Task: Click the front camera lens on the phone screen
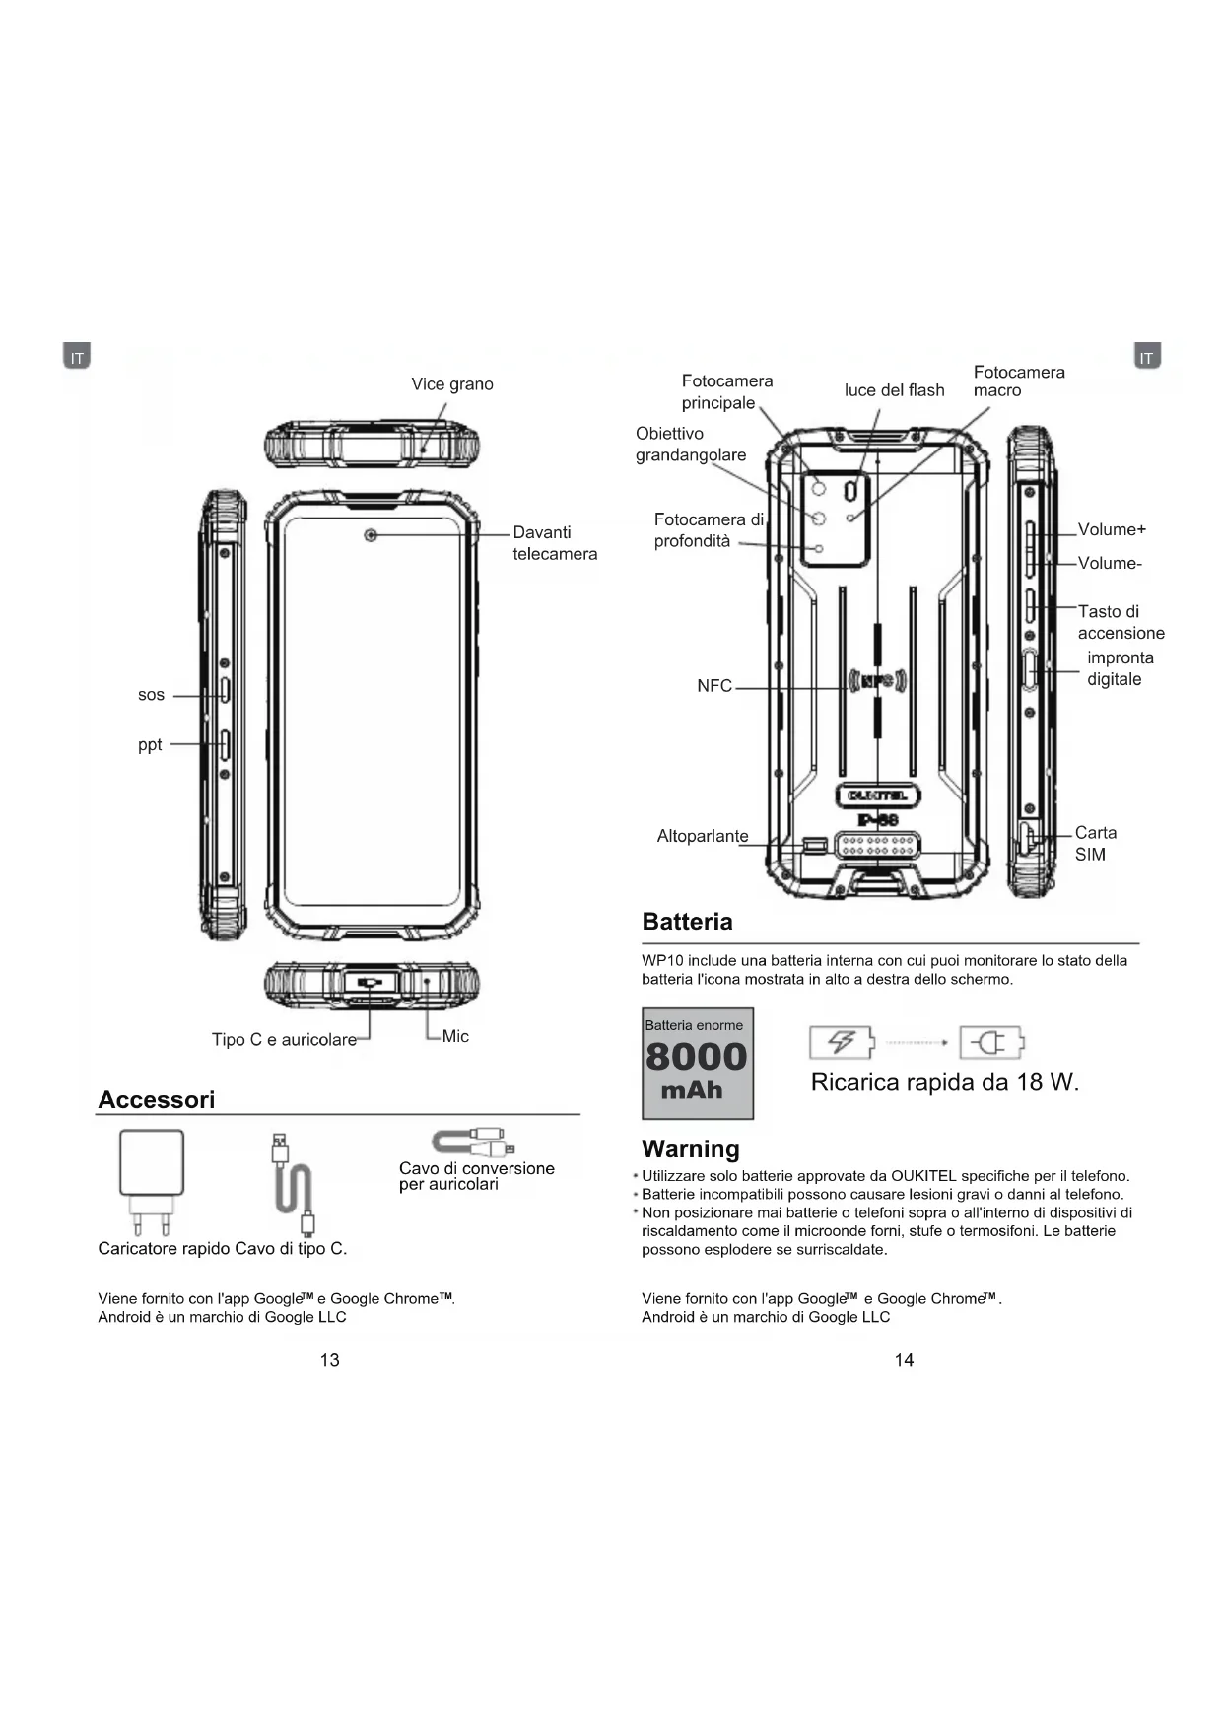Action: tap(371, 535)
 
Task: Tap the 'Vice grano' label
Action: tap(452, 384)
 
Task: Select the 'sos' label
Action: tap(151, 695)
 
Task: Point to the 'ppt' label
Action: tap(150, 744)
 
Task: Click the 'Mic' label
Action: tap(455, 1036)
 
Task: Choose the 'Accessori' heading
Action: tap(157, 1099)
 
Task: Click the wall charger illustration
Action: tap(152, 1180)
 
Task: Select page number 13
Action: tap(329, 1360)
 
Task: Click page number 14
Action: tap(904, 1360)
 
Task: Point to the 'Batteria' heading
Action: tap(687, 922)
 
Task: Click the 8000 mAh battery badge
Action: tap(698, 1064)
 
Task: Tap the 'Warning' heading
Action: tap(690, 1148)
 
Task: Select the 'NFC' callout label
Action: tap(714, 686)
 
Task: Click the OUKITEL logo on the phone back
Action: tap(877, 795)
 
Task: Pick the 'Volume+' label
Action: tap(1112, 530)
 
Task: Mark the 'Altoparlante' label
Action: tap(703, 837)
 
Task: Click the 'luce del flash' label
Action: tap(894, 390)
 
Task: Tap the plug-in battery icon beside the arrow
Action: tap(992, 1042)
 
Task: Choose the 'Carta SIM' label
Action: tap(1095, 844)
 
